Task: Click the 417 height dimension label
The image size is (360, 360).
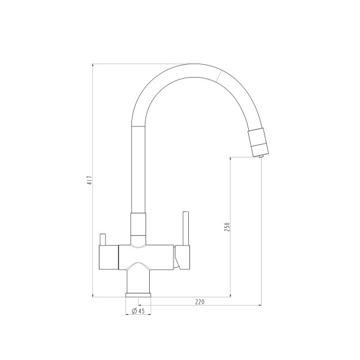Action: pos(90,180)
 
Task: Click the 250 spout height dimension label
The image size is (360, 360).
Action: pos(227,227)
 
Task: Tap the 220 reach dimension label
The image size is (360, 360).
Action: pos(200,302)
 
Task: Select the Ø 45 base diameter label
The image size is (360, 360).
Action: pos(138,311)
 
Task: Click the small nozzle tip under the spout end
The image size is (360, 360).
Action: pos(260,156)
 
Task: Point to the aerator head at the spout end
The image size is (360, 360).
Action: pos(258,143)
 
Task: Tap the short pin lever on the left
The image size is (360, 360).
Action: pos(103,240)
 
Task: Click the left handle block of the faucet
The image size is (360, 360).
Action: pos(109,257)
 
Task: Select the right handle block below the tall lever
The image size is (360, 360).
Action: pos(182,257)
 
